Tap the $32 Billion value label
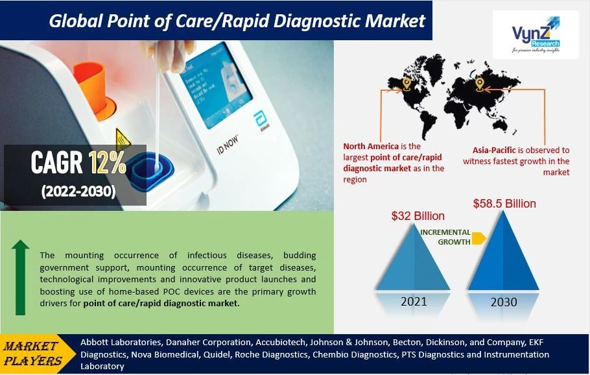tap(418, 216)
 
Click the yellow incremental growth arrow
tap(478, 239)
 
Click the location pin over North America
tap(407, 84)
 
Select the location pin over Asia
tap(480, 84)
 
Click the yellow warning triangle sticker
tap(122, 139)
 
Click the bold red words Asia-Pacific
tap(485, 149)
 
